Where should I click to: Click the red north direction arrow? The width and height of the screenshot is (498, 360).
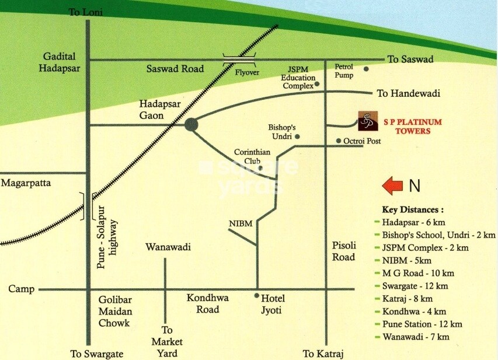pyautogui.click(x=392, y=186)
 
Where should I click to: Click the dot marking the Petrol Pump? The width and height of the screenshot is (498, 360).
pyautogui.click(x=366, y=69)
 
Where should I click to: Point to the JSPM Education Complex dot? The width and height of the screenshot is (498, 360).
pyautogui.click(x=317, y=83)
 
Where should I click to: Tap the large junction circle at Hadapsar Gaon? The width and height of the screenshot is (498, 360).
pyautogui.click(x=191, y=124)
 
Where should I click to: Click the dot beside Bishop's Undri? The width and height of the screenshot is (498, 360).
pyautogui.click(x=297, y=137)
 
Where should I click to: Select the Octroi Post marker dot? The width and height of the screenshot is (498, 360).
pyautogui.click(x=339, y=141)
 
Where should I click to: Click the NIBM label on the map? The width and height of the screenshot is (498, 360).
pyautogui.click(x=240, y=223)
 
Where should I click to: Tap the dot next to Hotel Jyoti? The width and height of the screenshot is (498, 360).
pyautogui.click(x=256, y=295)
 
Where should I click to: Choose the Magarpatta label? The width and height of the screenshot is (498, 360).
pyautogui.click(x=26, y=183)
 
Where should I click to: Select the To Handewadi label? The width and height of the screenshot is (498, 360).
pyautogui.click(x=408, y=93)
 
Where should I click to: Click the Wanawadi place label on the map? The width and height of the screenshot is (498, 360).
pyautogui.click(x=168, y=247)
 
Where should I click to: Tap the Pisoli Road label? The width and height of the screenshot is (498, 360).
pyautogui.click(x=343, y=251)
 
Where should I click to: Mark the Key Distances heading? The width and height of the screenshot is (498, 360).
pyautogui.click(x=412, y=209)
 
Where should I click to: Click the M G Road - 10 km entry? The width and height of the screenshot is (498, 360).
pyautogui.click(x=417, y=273)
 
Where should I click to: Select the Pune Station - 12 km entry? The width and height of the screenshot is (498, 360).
pyautogui.click(x=422, y=324)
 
